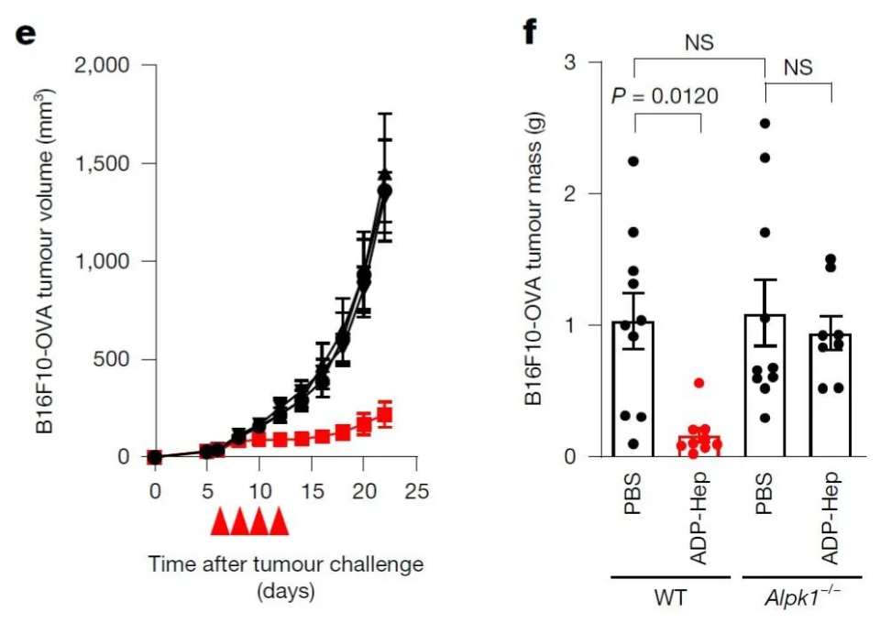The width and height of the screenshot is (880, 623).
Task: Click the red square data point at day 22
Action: (385, 416)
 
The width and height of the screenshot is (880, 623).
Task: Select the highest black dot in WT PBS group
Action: (632, 161)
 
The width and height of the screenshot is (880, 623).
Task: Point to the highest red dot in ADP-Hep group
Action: (699, 383)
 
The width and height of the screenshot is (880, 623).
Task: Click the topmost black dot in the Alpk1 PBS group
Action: (764, 123)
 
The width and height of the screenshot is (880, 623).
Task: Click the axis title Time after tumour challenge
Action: (286, 563)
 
